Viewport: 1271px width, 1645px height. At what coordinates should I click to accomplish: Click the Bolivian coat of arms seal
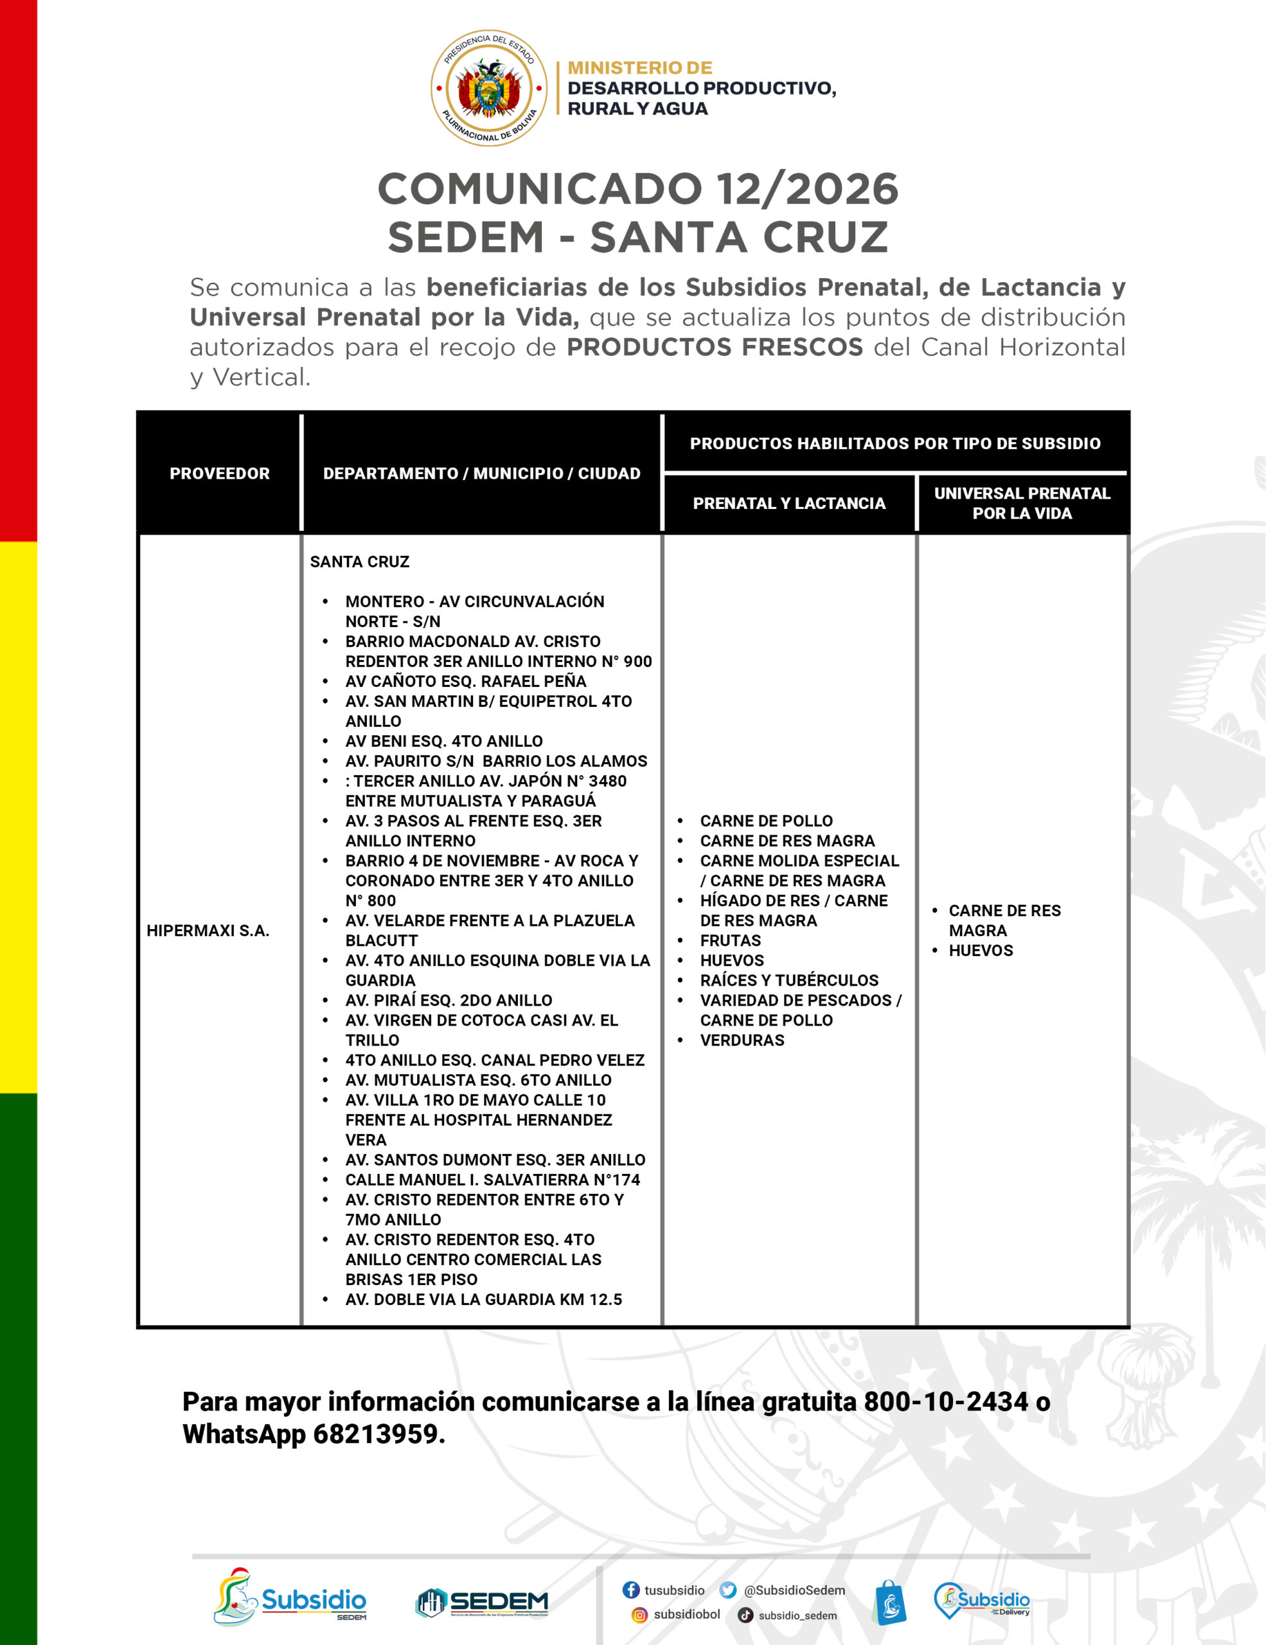coord(488,88)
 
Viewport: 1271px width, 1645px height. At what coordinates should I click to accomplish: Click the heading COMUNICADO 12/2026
coord(637,189)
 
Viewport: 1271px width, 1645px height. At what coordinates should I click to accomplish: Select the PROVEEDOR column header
coord(219,473)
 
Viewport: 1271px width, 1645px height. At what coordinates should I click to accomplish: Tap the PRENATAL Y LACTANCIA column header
coord(789,503)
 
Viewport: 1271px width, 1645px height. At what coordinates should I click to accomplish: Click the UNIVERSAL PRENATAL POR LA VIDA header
coord(1022,503)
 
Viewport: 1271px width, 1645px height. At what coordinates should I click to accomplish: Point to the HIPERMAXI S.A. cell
coord(208,930)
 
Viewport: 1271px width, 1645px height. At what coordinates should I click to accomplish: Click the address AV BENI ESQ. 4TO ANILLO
coord(444,741)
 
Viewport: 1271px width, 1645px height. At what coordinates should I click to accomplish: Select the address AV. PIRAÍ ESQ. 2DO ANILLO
coord(449,1000)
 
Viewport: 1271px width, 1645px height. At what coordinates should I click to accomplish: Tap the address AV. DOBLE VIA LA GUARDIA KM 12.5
coord(484,1299)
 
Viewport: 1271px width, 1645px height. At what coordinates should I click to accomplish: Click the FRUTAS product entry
coord(730,941)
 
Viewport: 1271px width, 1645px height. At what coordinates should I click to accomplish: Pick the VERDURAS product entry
coord(742,1040)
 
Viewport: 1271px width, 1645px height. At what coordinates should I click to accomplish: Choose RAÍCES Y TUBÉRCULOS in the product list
coord(789,981)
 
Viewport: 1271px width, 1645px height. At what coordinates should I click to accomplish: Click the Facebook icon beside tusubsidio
coord(630,1589)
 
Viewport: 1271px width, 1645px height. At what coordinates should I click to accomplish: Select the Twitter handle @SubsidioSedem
coord(794,1590)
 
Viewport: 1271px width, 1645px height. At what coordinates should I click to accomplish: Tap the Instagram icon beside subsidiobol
coord(639,1615)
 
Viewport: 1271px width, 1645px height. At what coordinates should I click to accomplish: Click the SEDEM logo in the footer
coord(482,1602)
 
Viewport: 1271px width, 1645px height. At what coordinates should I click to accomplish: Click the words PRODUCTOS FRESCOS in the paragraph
coord(715,347)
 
